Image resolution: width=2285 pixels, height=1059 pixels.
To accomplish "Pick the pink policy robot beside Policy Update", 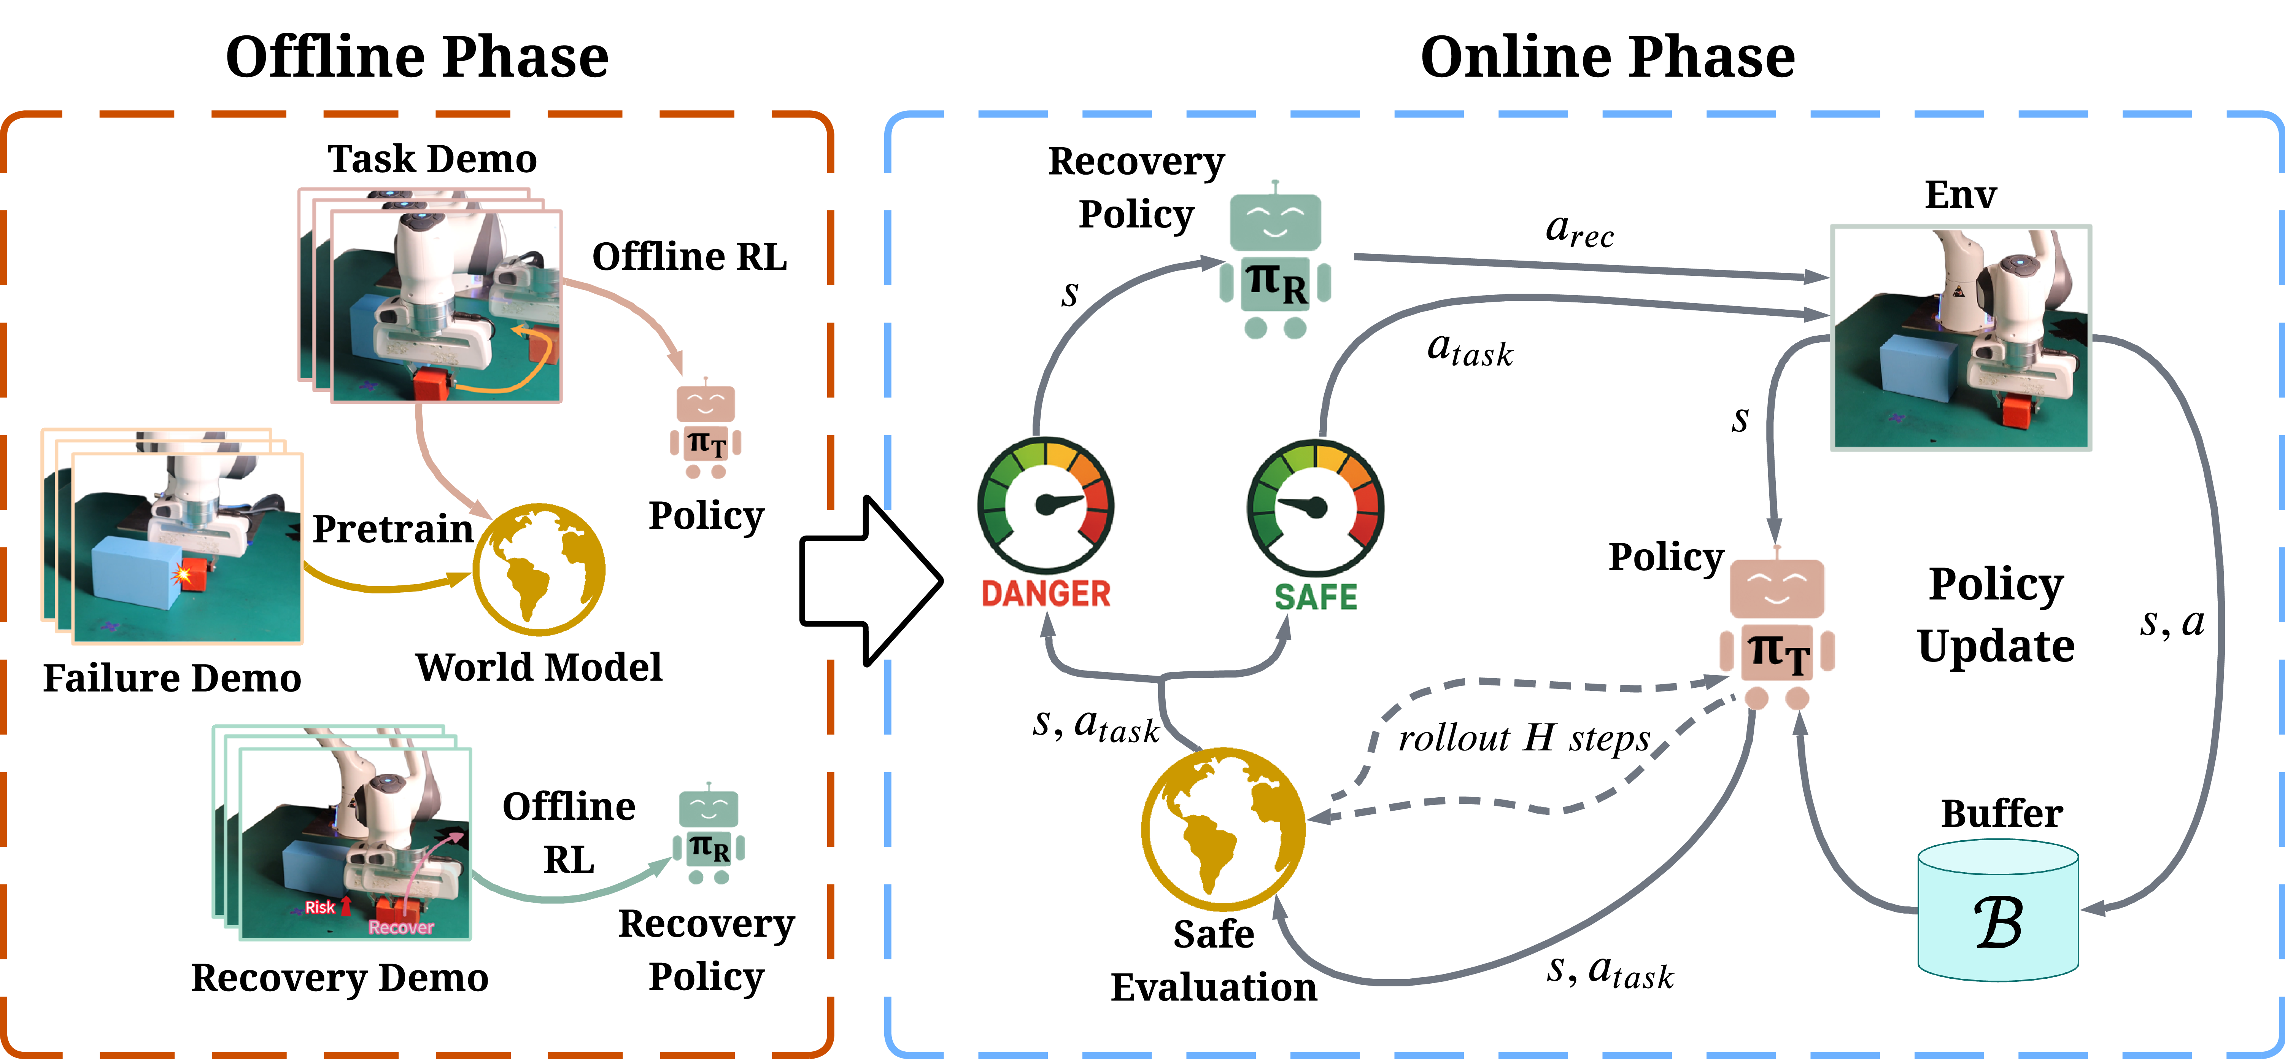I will tap(1777, 630).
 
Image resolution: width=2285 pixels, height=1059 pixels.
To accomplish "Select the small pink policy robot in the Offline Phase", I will tap(705, 430).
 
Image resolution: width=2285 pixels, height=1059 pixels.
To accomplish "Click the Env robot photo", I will tap(1960, 337).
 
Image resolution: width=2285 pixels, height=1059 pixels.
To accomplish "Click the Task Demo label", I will tap(432, 160).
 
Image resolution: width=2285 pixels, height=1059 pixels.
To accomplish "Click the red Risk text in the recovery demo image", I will tap(319, 906).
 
